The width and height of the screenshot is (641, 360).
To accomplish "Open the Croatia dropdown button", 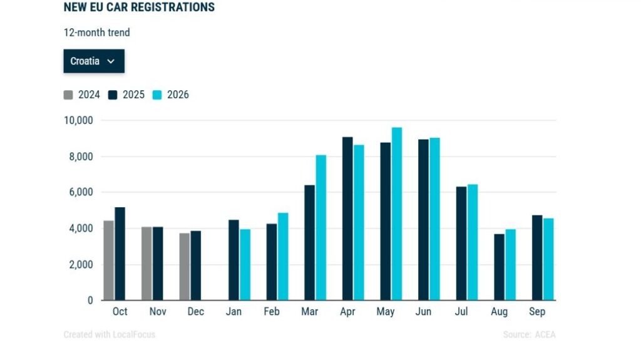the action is point(94,61).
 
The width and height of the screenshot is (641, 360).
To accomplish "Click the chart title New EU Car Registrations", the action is point(139,8).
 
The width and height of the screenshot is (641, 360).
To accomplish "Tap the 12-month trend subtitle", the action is point(97,33).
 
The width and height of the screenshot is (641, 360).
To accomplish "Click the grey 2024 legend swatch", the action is point(68,95).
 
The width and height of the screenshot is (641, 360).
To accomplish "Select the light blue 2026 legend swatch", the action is point(157,95).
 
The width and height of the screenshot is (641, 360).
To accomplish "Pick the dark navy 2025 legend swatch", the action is point(113,95).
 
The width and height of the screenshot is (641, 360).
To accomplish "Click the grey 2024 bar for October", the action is point(109,260).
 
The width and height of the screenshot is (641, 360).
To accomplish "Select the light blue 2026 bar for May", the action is point(396,214).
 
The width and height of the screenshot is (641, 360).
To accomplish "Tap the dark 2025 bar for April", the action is point(347,219).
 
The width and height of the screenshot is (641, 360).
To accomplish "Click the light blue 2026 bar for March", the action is point(321,228).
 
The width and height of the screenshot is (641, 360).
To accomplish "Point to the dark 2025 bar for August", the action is point(499,267).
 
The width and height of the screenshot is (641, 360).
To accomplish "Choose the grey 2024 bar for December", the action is point(185,267).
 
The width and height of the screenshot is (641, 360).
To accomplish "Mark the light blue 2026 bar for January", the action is point(245,265).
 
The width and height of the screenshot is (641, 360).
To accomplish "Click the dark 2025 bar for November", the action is point(158,264).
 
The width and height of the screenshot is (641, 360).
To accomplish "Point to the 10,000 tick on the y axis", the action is point(78,121).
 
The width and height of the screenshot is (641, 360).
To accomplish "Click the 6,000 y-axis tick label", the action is point(81,192).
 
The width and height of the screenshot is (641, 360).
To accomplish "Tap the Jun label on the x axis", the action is point(423,312).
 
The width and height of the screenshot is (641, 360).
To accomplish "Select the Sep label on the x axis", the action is point(537,312).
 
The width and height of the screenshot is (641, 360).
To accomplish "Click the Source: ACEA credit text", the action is point(529,334).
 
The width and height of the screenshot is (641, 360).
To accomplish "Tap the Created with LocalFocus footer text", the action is point(110,334).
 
